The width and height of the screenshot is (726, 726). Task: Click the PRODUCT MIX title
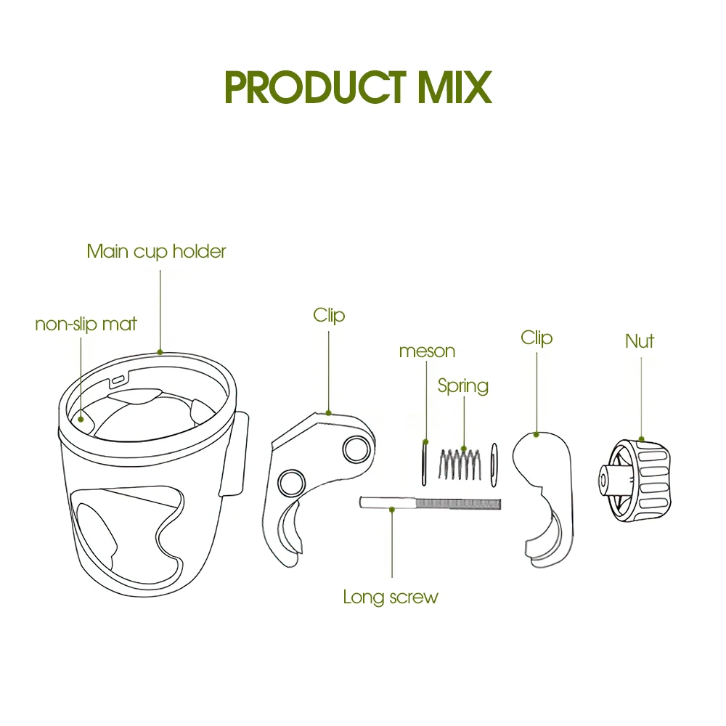click(x=358, y=87)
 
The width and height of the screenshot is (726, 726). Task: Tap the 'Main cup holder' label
click(x=157, y=251)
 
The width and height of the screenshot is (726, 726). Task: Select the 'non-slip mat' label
click(x=86, y=324)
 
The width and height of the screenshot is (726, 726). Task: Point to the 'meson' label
click(x=427, y=351)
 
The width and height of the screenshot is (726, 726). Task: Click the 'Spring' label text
click(x=463, y=386)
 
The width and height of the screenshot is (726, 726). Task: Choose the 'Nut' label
click(x=640, y=341)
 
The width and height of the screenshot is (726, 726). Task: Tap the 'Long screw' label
click(x=391, y=597)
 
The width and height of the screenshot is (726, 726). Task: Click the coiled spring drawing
click(x=460, y=464)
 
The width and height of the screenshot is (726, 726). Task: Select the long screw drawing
click(x=430, y=503)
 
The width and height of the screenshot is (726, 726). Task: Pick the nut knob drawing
click(x=634, y=481)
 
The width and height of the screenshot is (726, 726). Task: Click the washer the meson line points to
click(x=424, y=462)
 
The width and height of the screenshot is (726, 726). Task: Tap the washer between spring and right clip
click(x=494, y=465)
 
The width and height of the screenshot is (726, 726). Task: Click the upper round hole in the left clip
click(x=356, y=449)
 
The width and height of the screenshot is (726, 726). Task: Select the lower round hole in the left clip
click(x=291, y=483)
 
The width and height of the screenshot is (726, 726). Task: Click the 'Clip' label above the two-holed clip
click(x=329, y=315)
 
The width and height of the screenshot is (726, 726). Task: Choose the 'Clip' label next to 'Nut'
click(x=537, y=338)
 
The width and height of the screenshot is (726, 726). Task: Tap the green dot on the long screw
click(x=392, y=510)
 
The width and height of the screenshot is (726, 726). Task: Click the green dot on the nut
click(x=641, y=439)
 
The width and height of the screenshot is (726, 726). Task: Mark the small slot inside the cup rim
click(x=118, y=380)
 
